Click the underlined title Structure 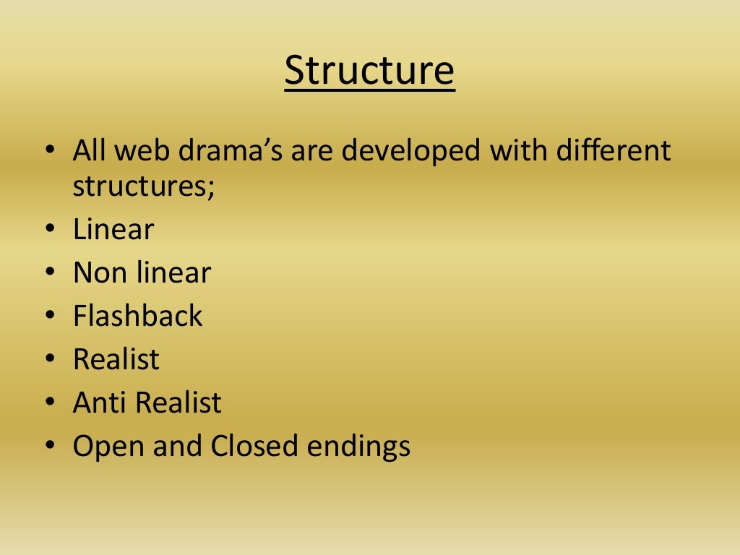tap(369, 71)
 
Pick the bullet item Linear tap(113, 230)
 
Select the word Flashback tap(138, 317)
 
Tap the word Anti tap(98, 403)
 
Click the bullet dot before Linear tap(48, 231)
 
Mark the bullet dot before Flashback tap(48, 317)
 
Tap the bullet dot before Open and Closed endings tap(48, 447)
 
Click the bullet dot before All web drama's tap(48, 152)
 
